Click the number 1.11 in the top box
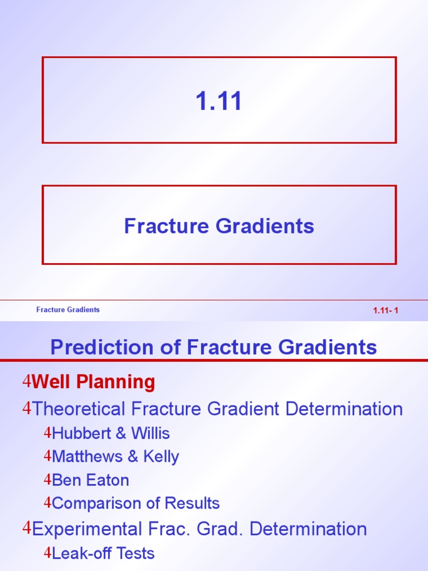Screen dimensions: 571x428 coord(219,101)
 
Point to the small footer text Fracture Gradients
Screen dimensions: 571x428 coord(68,309)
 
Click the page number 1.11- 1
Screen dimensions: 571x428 coord(386,311)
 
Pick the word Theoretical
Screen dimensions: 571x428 coord(79,409)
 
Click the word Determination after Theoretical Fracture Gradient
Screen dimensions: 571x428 coord(344,409)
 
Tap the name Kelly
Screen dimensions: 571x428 coord(161,457)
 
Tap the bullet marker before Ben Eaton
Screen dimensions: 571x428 coord(47,480)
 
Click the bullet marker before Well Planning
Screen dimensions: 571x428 coord(26,383)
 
